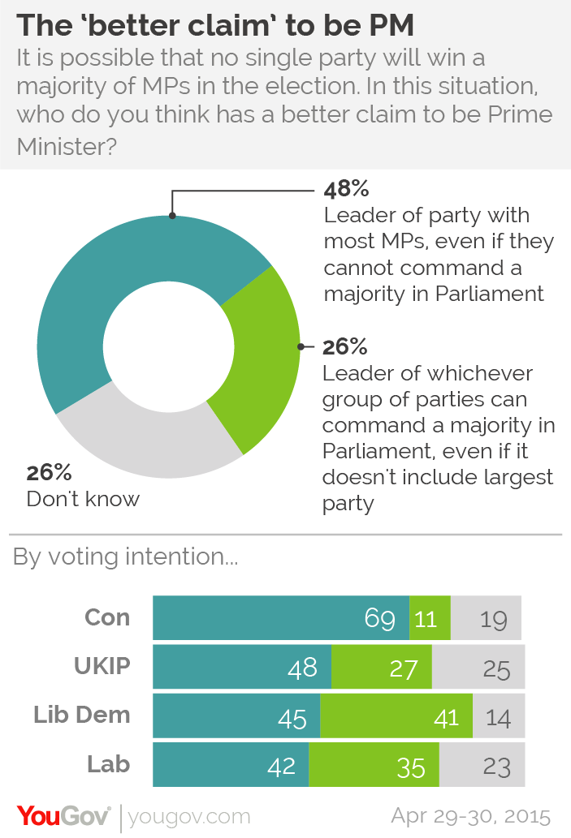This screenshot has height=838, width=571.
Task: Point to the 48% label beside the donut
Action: click(x=347, y=191)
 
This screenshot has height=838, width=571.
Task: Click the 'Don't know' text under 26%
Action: click(x=83, y=498)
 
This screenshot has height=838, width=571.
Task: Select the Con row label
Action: click(x=107, y=617)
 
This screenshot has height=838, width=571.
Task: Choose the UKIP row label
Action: click(x=102, y=667)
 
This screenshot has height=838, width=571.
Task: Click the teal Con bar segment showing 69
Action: click(x=280, y=619)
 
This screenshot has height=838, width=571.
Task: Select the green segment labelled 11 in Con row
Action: click(x=429, y=619)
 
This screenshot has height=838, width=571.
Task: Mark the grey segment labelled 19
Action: click(x=486, y=619)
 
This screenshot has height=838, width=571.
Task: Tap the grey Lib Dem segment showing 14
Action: click(x=498, y=716)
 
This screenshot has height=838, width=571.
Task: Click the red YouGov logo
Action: click(x=63, y=814)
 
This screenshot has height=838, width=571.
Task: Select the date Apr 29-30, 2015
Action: click(x=470, y=814)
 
